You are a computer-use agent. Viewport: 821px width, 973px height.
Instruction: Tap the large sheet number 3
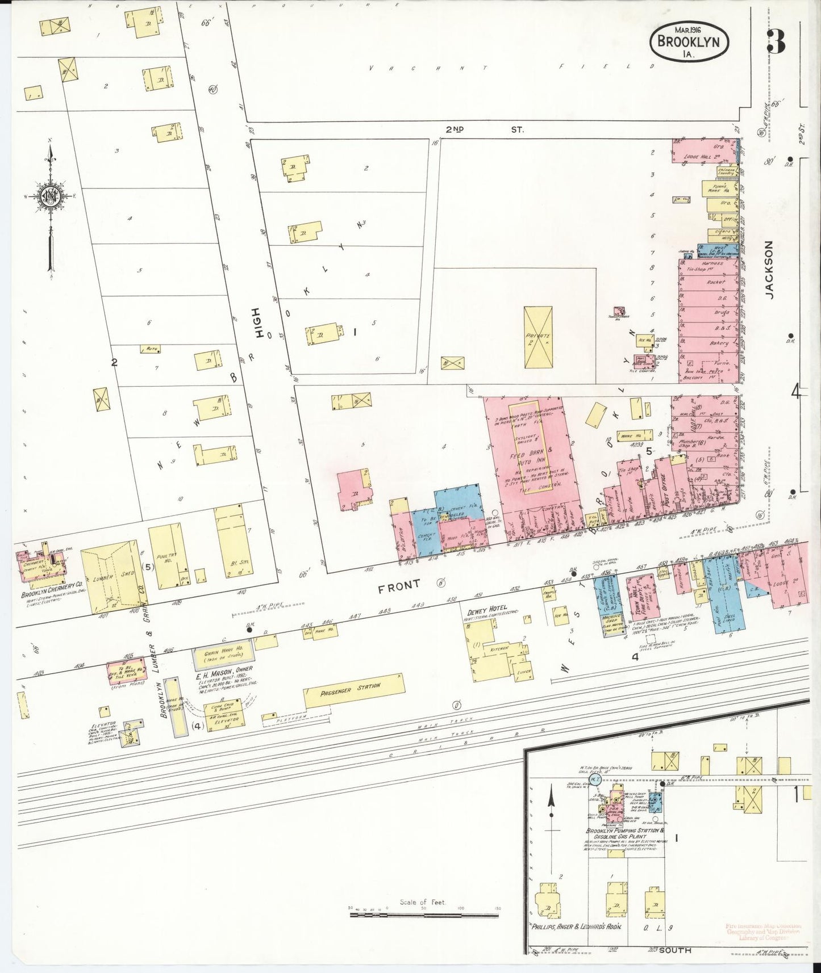coord(776,40)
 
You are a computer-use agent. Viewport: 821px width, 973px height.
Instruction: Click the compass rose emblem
coord(49,196)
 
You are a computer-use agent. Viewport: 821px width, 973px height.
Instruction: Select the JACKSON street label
coord(769,269)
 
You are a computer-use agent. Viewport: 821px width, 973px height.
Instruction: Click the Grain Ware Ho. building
coord(223,655)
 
